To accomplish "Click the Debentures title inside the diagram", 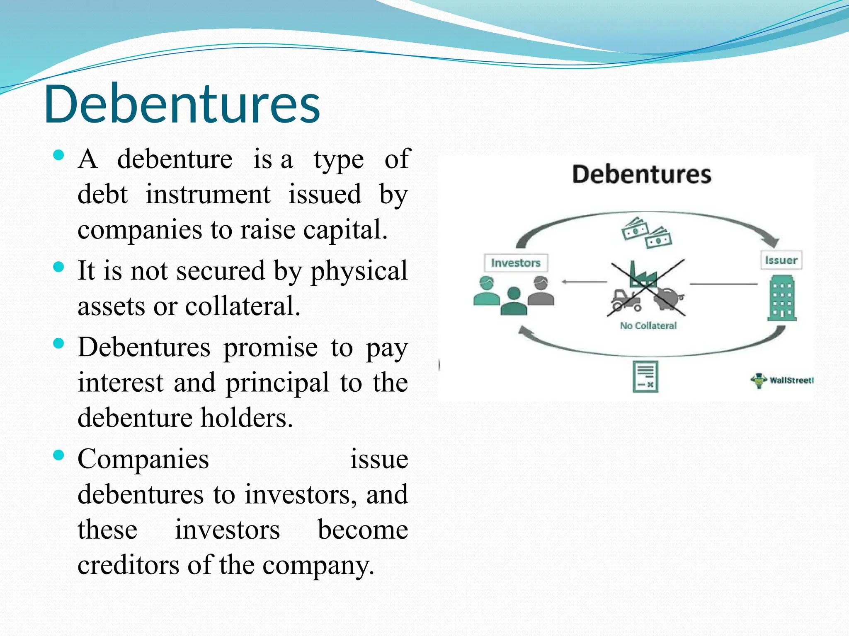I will pos(641,174).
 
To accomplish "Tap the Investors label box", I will pos(516,263).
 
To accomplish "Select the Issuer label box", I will pos(781,260).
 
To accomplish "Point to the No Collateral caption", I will pos(648,325).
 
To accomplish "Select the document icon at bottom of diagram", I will pos(645,376).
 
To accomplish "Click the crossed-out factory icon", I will pos(642,275).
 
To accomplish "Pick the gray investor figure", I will pos(541,292).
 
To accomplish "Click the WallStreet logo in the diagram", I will pos(781,380).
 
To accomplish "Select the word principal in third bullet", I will pos(277,383).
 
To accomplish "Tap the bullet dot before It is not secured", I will pos(59,267).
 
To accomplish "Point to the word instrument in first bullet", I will pos(208,194).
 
